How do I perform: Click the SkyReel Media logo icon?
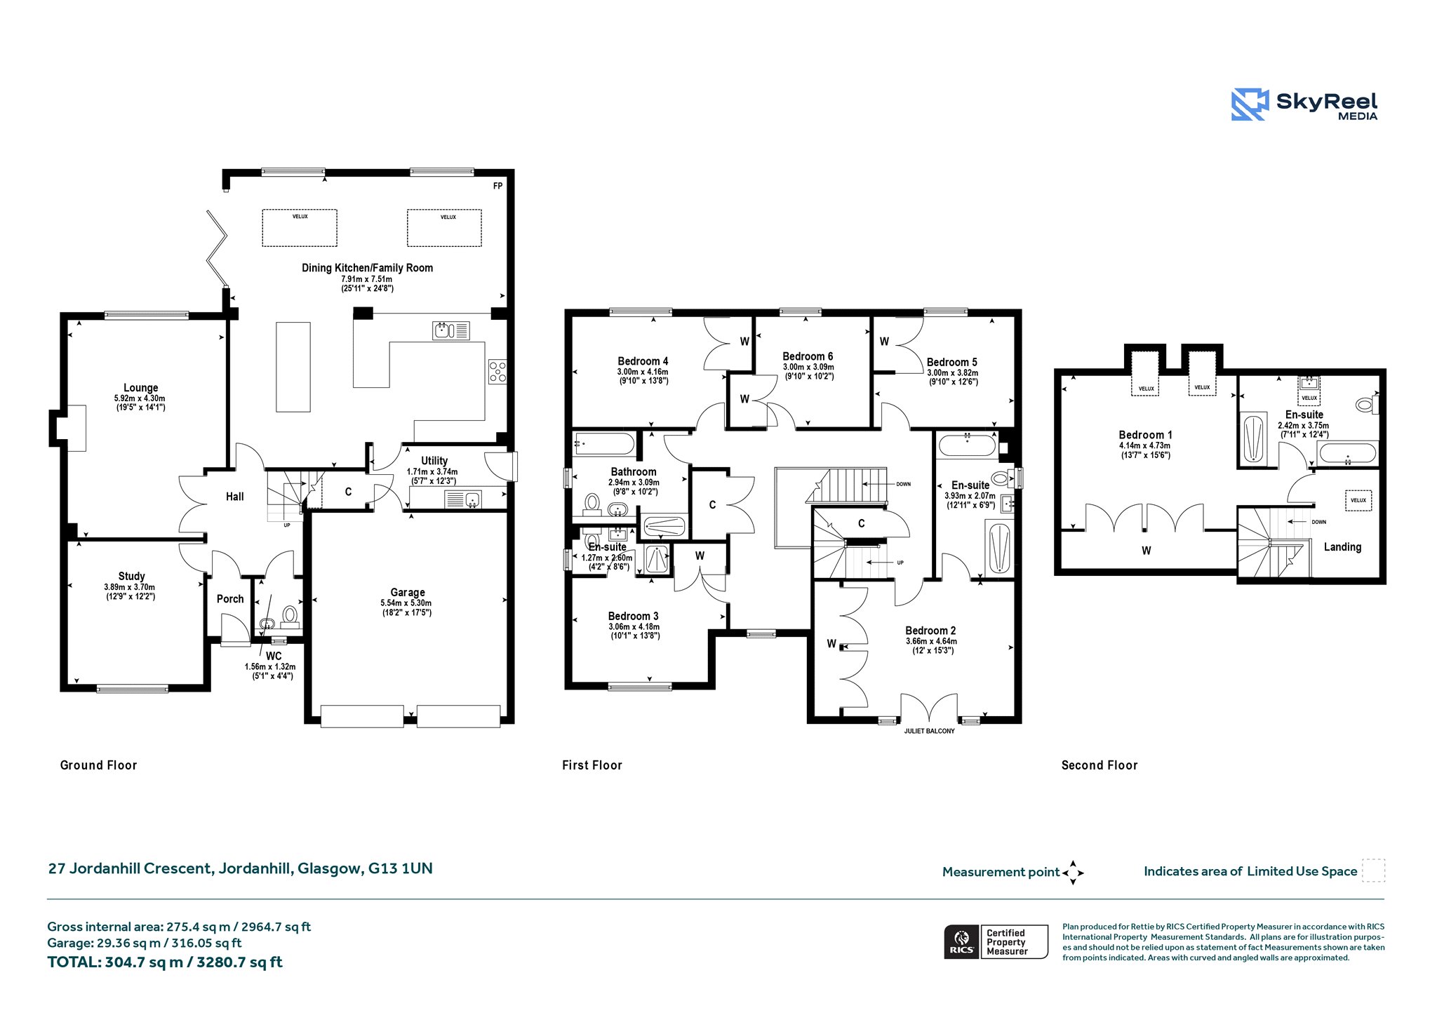pyautogui.click(x=1250, y=105)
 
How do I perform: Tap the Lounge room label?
pyautogui.click(x=140, y=388)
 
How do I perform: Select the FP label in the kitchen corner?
pyautogui.click(x=497, y=186)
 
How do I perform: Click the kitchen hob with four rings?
pyautogui.click(x=497, y=372)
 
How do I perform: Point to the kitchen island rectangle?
pyautogui.click(x=293, y=367)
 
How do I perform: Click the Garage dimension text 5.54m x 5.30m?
pyautogui.click(x=406, y=603)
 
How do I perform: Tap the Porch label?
pyautogui.click(x=230, y=599)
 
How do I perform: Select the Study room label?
pyautogui.click(x=131, y=577)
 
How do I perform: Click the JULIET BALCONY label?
pyautogui.click(x=929, y=731)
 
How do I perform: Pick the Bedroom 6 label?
pyautogui.click(x=808, y=356)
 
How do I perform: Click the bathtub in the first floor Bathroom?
pyautogui.click(x=604, y=444)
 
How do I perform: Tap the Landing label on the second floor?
pyautogui.click(x=1342, y=547)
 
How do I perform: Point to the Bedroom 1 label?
pyautogui.click(x=1145, y=435)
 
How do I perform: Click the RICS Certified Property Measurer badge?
pyautogui.click(x=996, y=941)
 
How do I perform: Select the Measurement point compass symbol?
pyautogui.click(x=1073, y=873)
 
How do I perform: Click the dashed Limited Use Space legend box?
pyautogui.click(x=1373, y=871)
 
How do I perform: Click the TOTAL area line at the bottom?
pyautogui.click(x=165, y=962)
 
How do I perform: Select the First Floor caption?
pyautogui.click(x=592, y=765)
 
